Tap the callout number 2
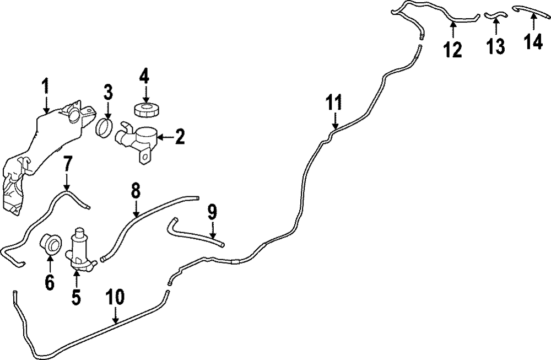coord(180,137)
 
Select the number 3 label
coord(108,91)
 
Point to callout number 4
coord(144,76)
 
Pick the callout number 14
coord(533,42)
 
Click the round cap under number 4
coord(145,109)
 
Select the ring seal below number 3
coord(107,129)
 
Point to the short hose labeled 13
coord(494,15)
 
